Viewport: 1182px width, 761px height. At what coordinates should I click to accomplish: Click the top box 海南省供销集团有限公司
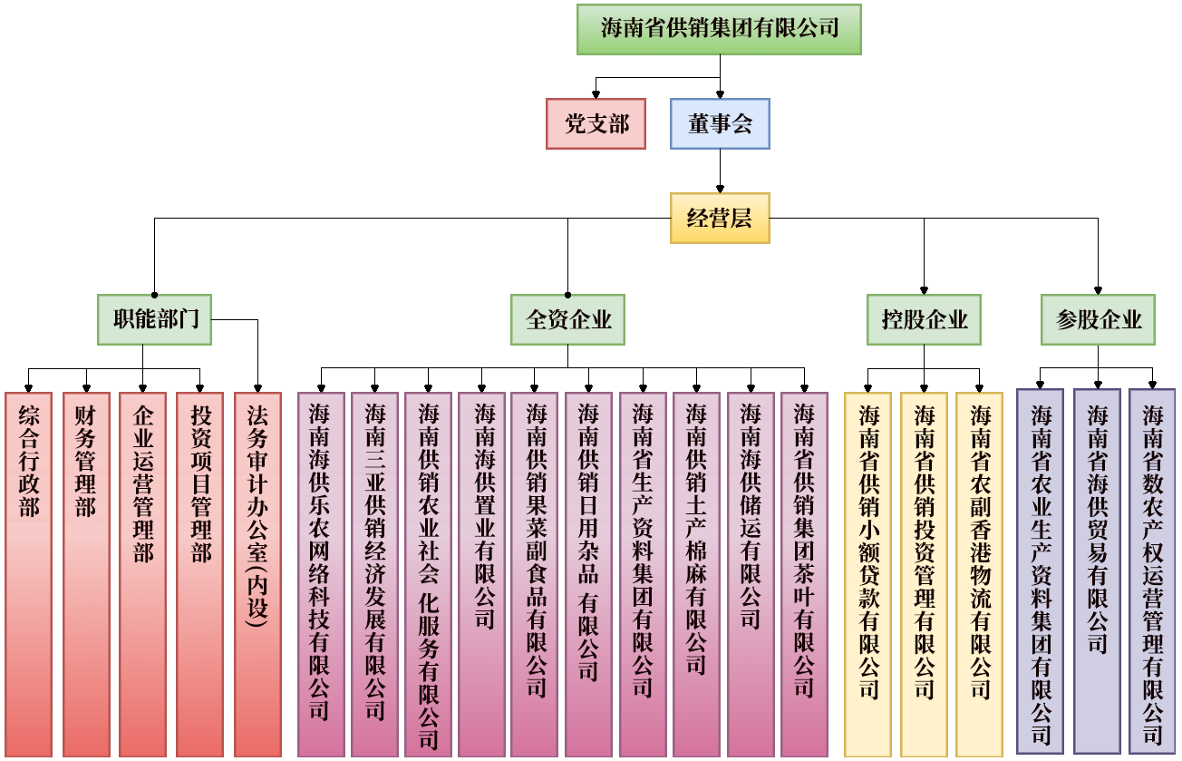719,29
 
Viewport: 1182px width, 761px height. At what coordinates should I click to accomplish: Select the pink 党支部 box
596,123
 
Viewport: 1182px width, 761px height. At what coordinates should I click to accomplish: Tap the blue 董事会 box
720,123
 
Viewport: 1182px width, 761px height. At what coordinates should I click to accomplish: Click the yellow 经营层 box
720,218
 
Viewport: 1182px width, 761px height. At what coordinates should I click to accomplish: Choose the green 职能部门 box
155,319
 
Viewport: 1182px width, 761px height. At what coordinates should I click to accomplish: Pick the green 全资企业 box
567,319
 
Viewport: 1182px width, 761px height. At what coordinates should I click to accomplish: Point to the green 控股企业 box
924,319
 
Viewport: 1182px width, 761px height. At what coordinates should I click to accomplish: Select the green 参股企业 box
1098,319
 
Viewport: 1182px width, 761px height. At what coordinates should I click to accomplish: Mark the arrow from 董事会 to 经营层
720,171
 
